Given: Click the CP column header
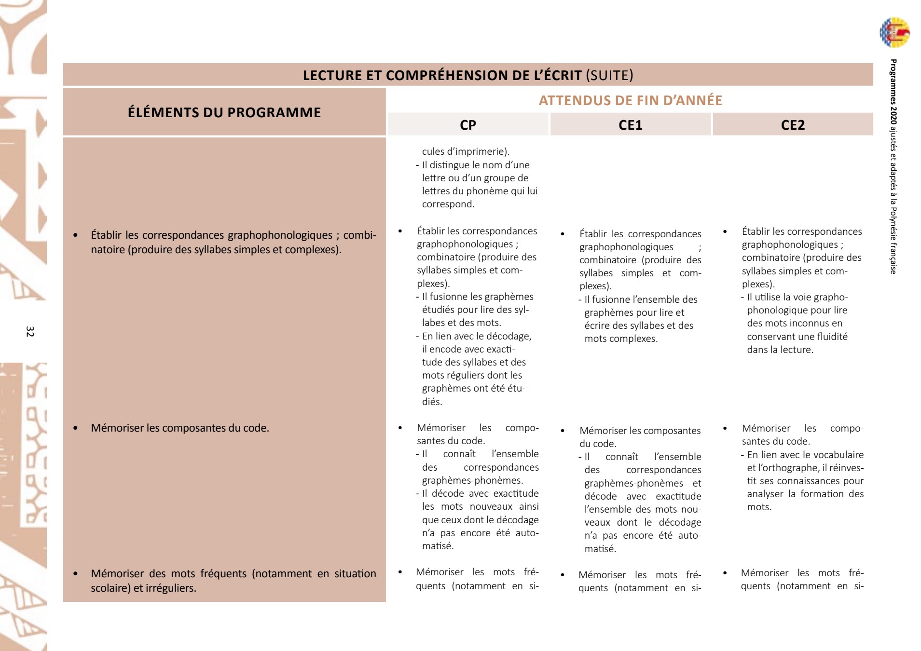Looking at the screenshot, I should coord(467,125).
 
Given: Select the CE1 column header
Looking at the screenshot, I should coord(630,125).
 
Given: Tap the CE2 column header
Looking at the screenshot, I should coord(793,125).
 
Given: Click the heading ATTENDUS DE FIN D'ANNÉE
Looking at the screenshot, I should coord(630,100).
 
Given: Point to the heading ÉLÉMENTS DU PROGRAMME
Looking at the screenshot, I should coord(224,112).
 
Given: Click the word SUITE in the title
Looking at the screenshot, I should coord(609,75).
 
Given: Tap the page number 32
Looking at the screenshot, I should coord(30,331).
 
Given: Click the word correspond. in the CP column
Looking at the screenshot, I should coord(448,204).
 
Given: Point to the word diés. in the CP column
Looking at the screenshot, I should coord(432,401).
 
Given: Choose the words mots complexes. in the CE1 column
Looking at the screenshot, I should coord(621,339).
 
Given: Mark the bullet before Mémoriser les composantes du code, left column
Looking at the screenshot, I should coord(75,428).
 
